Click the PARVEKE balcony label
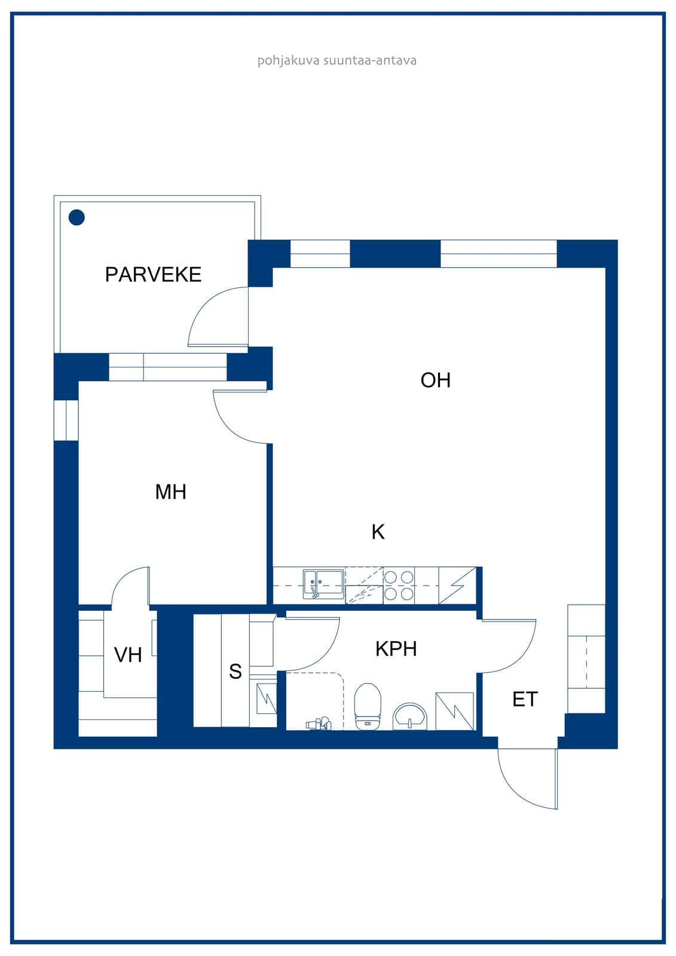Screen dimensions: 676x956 point(153,274)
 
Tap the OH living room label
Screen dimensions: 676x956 point(435,380)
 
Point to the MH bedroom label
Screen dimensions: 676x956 point(170,492)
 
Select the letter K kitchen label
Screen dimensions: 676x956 point(378,532)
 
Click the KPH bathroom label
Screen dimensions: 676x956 point(396,649)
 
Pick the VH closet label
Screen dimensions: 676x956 point(128,655)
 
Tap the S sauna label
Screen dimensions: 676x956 point(235,672)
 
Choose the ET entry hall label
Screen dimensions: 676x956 point(525,700)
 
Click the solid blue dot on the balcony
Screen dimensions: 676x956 point(77,217)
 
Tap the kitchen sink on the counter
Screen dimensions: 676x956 point(323,583)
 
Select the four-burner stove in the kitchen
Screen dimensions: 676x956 point(399,586)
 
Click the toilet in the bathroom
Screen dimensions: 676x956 point(367,706)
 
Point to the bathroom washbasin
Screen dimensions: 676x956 point(410,716)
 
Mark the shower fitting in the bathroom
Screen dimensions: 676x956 point(319,724)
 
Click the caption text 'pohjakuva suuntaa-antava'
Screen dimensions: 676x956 point(337,60)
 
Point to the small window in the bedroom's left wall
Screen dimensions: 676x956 point(66,420)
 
